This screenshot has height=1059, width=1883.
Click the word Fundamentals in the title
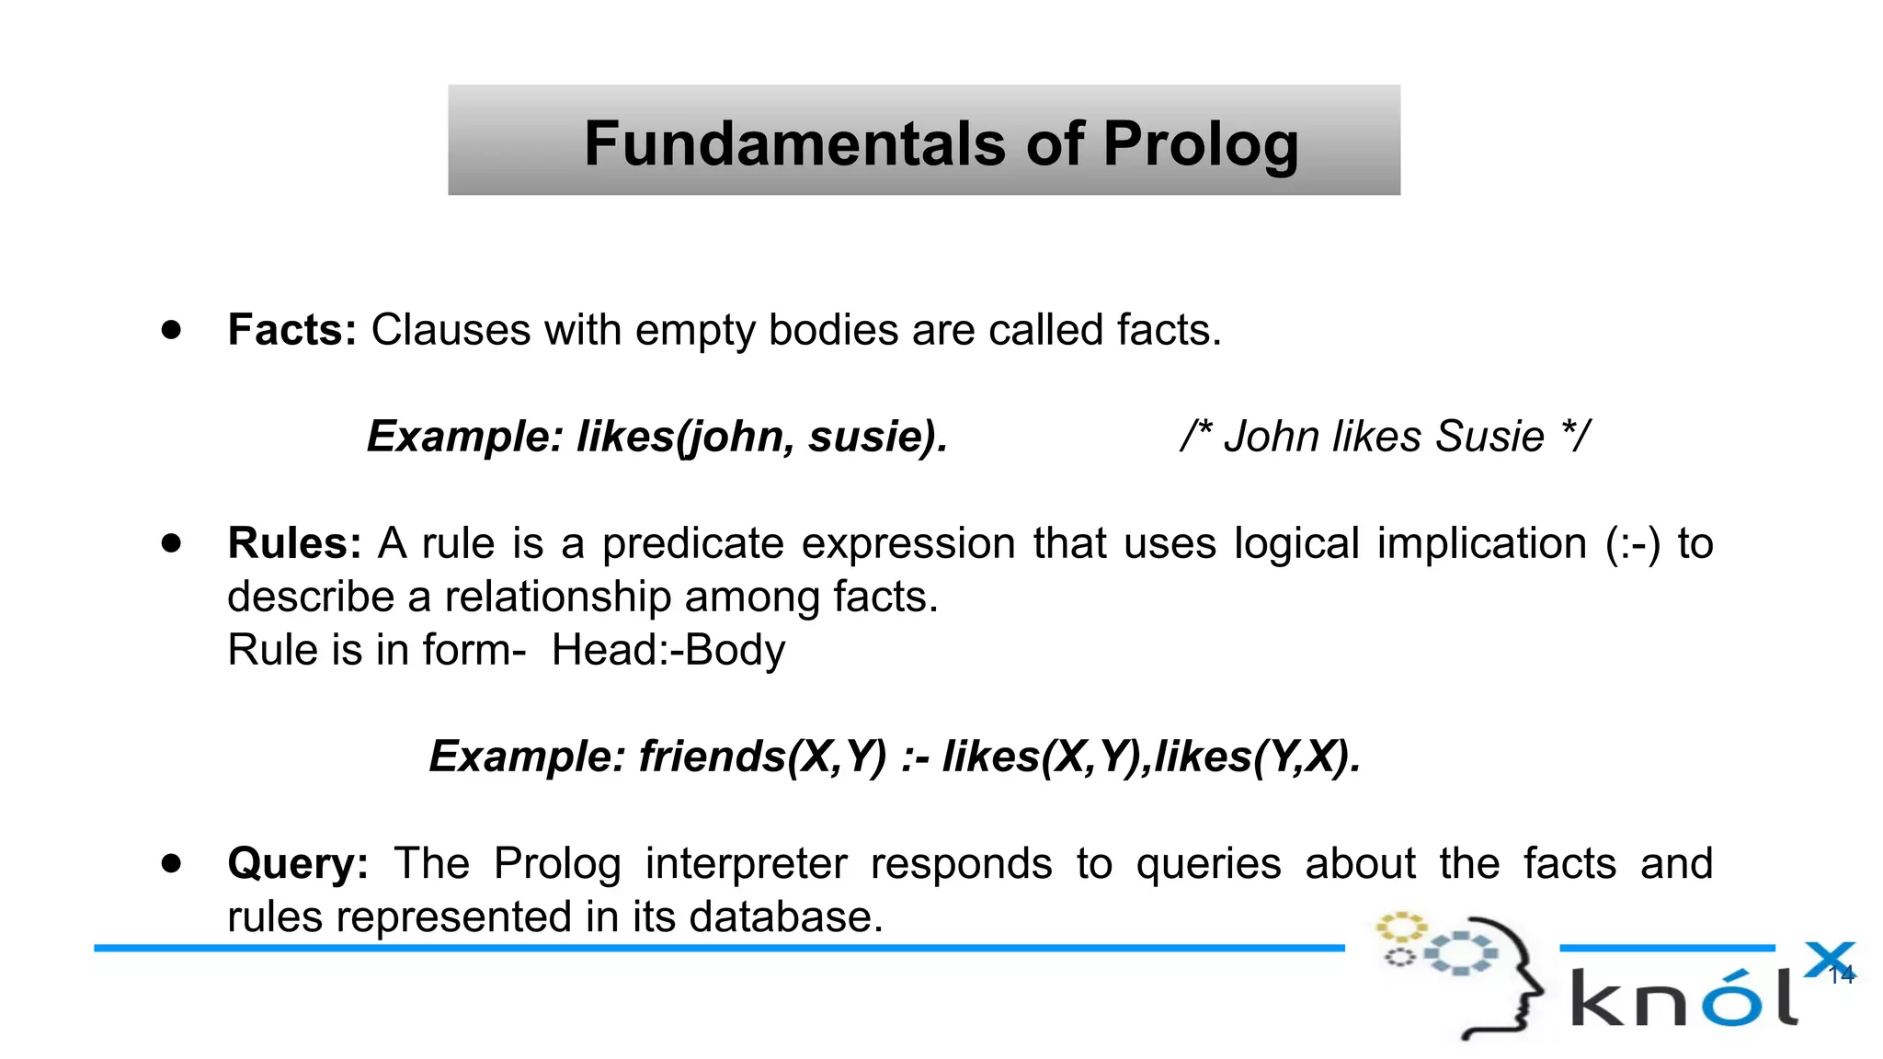coord(794,144)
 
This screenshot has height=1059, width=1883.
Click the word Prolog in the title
coord(1201,144)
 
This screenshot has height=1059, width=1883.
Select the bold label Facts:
coord(291,330)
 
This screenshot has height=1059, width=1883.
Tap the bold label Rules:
coord(294,543)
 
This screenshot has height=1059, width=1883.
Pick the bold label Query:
coord(298,864)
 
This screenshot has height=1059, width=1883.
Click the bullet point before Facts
coord(171,330)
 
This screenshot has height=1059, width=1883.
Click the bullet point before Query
coord(171,863)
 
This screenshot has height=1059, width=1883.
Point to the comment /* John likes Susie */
coord(1385,437)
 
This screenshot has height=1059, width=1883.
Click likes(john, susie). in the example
coord(762,437)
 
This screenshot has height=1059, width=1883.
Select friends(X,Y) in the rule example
coord(762,757)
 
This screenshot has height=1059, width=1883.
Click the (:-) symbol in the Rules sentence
coord(1633,543)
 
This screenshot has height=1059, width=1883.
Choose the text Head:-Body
coord(668,651)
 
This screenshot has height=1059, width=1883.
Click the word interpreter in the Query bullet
coord(746,864)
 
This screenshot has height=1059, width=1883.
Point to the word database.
coord(786,917)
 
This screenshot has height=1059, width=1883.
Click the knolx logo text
coord(1683,997)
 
